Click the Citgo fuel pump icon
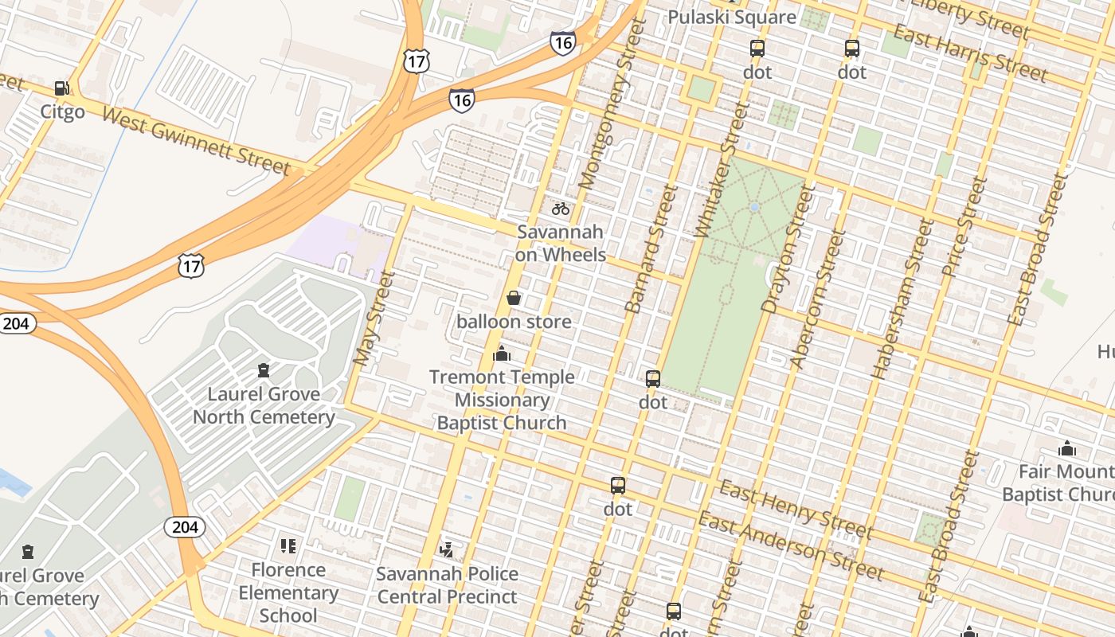point(61,88)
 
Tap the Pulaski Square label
point(731,18)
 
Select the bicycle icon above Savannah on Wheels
point(561,209)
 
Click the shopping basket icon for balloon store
point(514,299)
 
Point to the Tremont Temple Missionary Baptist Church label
point(502,400)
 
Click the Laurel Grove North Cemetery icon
point(264,370)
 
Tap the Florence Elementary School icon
point(288,546)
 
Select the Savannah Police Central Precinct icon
point(447,549)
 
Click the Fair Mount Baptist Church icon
point(1066,448)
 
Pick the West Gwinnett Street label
point(196,141)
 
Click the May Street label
point(374,318)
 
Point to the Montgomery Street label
point(611,104)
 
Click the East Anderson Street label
point(791,546)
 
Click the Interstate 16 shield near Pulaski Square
point(562,43)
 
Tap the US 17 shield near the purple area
point(191,265)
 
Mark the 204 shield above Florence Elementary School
point(185,526)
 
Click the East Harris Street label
point(970,54)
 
